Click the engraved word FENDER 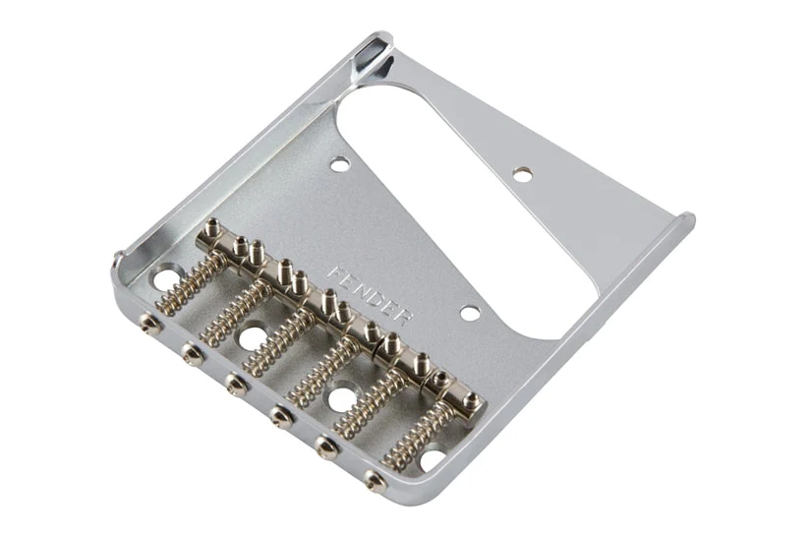point(370,295)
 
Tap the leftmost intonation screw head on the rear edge point(151,324)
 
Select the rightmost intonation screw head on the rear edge point(375,479)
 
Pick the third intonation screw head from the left point(236,385)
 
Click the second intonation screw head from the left point(194,354)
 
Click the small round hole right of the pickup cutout point(523,174)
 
